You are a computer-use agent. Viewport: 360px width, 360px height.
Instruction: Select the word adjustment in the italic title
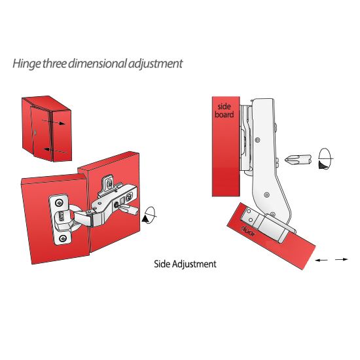click(155, 64)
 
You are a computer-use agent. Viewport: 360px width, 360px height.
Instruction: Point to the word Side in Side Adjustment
click(162, 264)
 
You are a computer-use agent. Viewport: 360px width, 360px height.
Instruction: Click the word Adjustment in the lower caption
click(194, 264)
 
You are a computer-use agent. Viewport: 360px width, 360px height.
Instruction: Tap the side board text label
click(225, 111)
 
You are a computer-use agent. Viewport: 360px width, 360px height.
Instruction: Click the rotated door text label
click(248, 232)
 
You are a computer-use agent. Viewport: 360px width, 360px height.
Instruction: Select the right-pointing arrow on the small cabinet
click(54, 122)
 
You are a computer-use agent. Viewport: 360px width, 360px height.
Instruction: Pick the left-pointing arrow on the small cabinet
click(56, 151)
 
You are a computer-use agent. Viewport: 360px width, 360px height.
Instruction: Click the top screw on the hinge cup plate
click(60, 203)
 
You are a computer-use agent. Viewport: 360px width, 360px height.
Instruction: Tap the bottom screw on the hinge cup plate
click(62, 238)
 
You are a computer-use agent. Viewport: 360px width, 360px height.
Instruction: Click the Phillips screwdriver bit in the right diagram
click(298, 159)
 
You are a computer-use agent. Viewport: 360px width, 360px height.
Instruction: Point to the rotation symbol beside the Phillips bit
click(325, 159)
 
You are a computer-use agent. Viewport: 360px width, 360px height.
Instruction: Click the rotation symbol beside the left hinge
click(149, 215)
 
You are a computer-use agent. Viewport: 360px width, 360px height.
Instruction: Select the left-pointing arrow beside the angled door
click(321, 260)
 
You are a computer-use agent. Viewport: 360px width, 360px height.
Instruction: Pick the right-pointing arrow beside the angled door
click(342, 259)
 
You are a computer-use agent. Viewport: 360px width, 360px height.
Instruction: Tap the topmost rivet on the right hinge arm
click(258, 139)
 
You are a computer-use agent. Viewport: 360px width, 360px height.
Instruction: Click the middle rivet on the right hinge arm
click(266, 195)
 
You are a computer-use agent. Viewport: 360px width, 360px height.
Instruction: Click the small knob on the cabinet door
click(35, 133)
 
